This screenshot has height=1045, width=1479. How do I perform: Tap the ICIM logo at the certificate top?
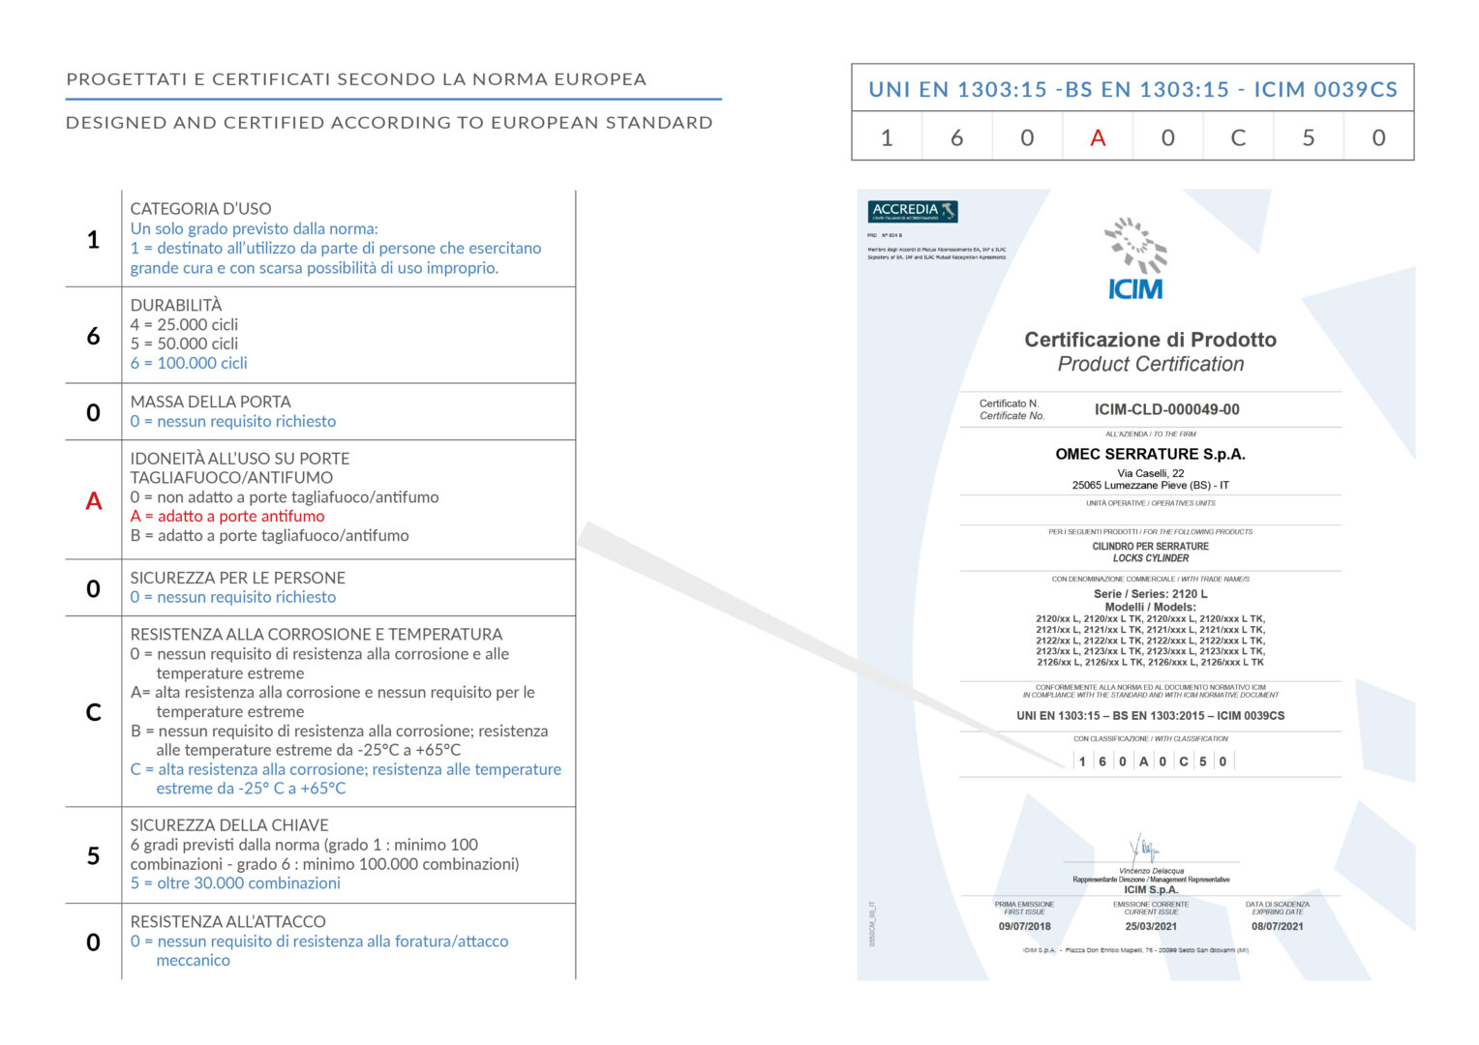pyautogui.click(x=1135, y=260)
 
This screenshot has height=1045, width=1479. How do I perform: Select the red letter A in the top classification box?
pyautogui.click(x=1098, y=137)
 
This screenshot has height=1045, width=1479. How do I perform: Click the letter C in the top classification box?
pyautogui.click(x=1238, y=137)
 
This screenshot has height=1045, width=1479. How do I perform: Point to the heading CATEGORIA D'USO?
pyautogui.click(x=200, y=208)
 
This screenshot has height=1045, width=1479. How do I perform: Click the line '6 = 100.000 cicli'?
pyautogui.click(x=189, y=363)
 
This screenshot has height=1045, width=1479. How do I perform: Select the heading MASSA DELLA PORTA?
pyautogui.click(x=210, y=402)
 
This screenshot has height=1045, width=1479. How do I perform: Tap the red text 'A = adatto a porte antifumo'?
pyautogui.click(x=227, y=516)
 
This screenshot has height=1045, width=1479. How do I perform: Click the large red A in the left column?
pyautogui.click(x=94, y=500)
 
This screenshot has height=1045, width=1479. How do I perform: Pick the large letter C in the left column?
pyautogui.click(x=94, y=712)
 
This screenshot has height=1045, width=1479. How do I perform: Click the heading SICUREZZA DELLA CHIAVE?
pyautogui.click(x=229, y=825)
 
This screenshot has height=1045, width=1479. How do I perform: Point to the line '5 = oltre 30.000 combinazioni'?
pyautogui.click(x=235, y=882)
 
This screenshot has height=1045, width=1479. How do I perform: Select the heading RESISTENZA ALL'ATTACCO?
pyautogui.click(x=227, y=921)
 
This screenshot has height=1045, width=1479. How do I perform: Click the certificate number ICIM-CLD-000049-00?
pyautogui.click(x=1166, y=409)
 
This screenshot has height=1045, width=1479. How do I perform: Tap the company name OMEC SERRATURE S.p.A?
pyautogui.click(x=1150, y=454)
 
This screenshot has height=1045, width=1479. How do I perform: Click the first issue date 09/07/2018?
pyautogui.click(x=1024, y=926)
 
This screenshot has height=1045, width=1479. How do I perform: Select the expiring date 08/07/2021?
pyautogui.click(x=1277, y=926)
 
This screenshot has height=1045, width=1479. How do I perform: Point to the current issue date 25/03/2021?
pyautogui.click(x=1151, y=926)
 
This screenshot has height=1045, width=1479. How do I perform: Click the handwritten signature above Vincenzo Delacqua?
pyautogui.click(x=1145, y=849)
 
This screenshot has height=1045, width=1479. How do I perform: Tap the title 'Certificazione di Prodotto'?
pyautogui.click(x=1150, y=340)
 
